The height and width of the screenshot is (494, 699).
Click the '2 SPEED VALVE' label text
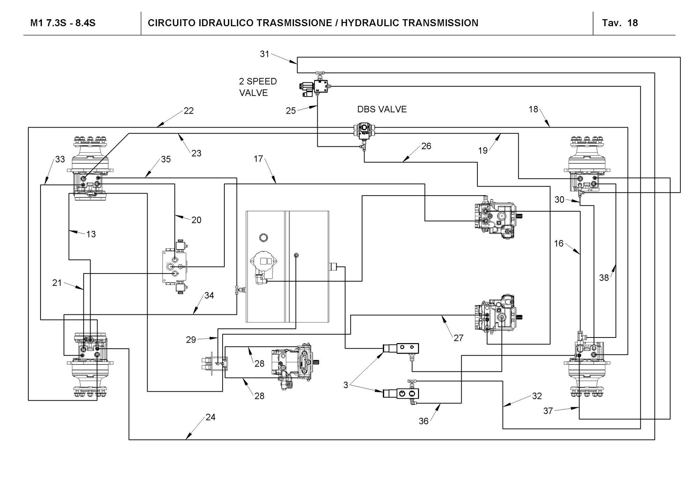click(258, 87)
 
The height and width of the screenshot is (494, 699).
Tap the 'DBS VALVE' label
click(382, 109)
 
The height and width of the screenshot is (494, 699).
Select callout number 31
click(265, 54)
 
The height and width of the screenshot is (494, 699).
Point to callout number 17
click(258, 159)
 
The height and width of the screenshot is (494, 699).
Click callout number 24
click(210, 417)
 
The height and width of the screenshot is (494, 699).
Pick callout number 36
click(424, 421)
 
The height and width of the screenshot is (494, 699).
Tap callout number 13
click(91, 234)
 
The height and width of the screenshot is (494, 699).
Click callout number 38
click(604, 277)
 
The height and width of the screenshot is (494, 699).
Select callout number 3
click(346, 385)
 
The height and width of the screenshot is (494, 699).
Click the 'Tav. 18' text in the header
click(620, 23)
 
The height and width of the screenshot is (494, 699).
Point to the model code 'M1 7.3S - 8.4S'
click(63, 23)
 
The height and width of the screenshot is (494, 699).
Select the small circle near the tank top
click(264, 238)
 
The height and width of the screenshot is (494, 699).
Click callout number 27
click(459, 338)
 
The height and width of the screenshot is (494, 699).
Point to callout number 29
click(191, 340)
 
